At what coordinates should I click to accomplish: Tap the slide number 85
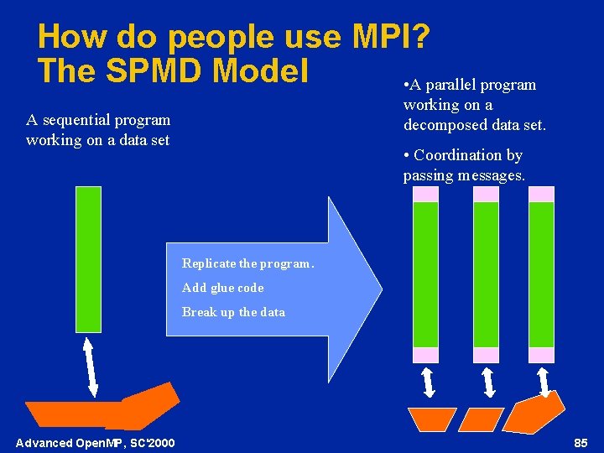click(581, 442)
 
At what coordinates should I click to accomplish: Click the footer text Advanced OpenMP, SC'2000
click(96, 442)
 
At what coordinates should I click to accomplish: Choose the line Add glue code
click(223, 288)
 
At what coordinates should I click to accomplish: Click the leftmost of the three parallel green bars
click(425, 274)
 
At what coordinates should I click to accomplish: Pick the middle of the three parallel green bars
click(486, 274)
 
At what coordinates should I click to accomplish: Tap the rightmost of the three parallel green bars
click(541, 274)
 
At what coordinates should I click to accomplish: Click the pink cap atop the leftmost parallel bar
click(425, 194)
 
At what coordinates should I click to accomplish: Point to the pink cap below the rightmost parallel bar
click(541, 355)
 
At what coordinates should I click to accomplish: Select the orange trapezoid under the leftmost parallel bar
click(431, 419)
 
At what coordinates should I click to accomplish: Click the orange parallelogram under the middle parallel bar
click(482, 419)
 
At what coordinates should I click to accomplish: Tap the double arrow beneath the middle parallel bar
click(488, 383)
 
